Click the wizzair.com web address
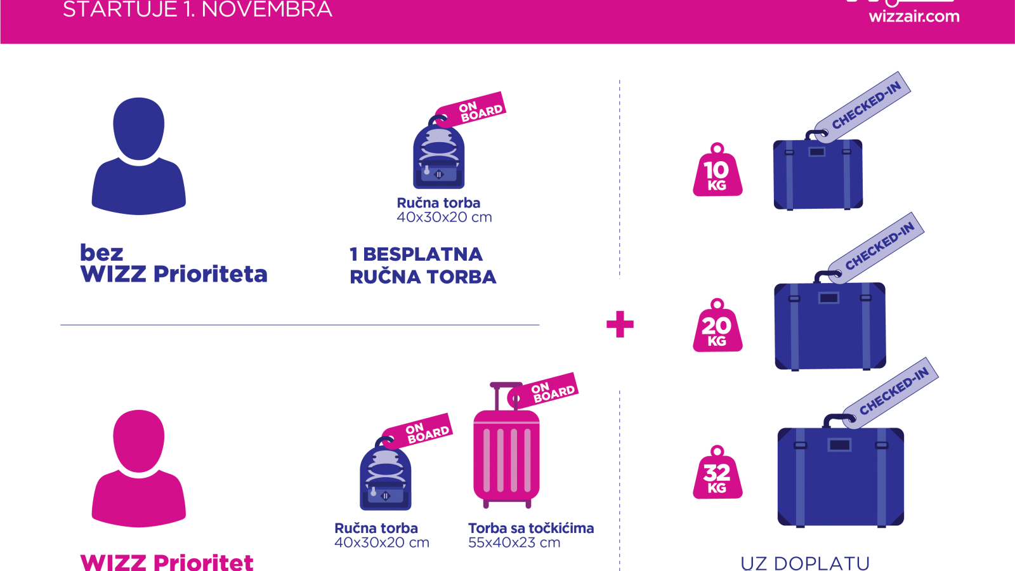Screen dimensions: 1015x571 click(914, 16)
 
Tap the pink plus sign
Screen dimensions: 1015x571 click(620, 324)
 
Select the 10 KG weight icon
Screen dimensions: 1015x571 click(717, 170)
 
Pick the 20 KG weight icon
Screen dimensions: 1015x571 click(717, 325)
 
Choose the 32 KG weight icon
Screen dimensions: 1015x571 click(717, 472)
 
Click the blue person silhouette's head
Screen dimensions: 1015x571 click(139, 129)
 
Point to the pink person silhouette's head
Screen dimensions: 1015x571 click(139, 442)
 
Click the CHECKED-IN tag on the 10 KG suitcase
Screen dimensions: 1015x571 click(862, 107)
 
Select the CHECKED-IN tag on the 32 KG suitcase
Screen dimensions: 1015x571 click(891, 393)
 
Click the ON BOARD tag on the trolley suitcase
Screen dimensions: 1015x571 click(543, 390)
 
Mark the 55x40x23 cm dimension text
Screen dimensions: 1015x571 click(514, 542)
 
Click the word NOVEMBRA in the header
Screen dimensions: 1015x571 click(266, 10)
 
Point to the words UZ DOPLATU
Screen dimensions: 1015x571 click(805, 564)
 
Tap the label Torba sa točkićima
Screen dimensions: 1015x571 click(530, 528)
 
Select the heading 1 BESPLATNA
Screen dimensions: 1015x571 click(416, 254)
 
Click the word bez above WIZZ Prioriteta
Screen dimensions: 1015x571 click(101, 253)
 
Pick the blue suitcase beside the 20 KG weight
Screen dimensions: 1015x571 click(830, 325)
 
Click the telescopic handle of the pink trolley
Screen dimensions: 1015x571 click(506, 397)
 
